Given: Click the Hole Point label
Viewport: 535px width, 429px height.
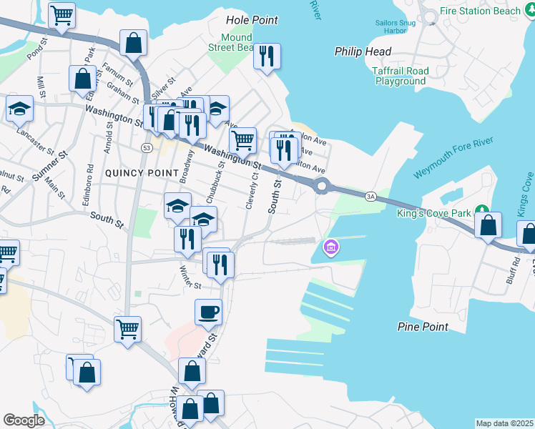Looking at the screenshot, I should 252,20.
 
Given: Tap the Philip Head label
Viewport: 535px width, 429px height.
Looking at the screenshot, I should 363,51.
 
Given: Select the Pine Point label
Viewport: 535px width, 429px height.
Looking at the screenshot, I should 423,327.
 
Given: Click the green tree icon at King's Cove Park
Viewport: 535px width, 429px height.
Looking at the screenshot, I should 484,209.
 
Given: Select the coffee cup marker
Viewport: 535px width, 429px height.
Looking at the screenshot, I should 208,312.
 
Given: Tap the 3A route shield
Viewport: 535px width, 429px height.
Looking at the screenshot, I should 370,195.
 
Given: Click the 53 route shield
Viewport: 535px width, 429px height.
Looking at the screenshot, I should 146,147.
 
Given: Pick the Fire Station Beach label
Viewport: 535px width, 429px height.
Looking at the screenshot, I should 480,11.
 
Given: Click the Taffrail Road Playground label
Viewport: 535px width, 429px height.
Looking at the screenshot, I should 400,76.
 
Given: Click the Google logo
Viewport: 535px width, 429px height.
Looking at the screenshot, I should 24,420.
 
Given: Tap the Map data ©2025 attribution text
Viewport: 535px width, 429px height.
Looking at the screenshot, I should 504,423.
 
